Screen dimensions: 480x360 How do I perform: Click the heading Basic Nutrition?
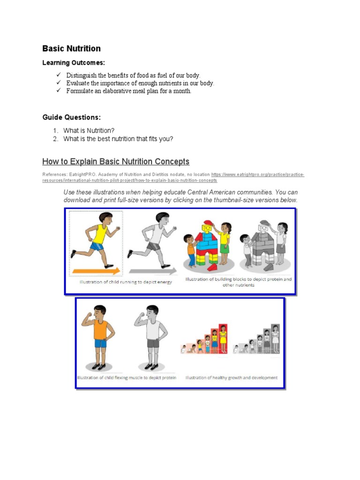pyautogui.click(x=71, y=49)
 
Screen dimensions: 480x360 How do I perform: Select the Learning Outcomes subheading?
pyautogui.click(x=74, y=63)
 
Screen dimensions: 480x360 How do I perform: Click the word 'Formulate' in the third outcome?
pyautogui.click(x=80, y=91)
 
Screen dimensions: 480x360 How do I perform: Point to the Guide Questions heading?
pyautogui.click(x=71, y=117)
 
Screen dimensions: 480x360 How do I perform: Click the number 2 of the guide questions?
pyautogui.click(x=55, y=139)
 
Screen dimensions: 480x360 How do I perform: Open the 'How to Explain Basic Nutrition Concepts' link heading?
pyautogui.click(x=116, y=162)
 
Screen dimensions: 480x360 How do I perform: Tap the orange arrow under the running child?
pyautogui.click(x=97, y=270)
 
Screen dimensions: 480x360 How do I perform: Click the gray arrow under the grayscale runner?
pyautogui.click(x=153, y=270)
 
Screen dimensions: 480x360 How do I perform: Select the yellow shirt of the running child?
pyautogui.click(x=100, y=231)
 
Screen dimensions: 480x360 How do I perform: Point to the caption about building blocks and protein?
pyautogui.click(x=239, y=282)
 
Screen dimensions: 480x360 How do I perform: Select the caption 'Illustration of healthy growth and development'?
pyautogui.click(x=232, y=377)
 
